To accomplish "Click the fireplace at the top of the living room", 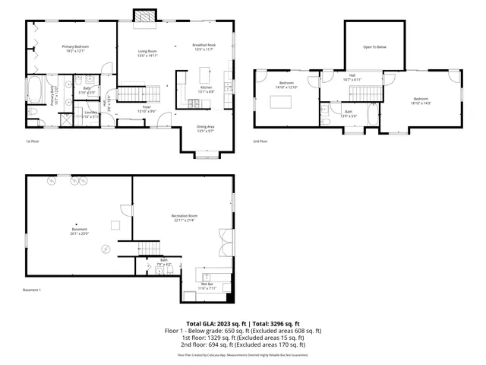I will (x=142, y=16).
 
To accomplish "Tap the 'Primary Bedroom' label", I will (x=75, y=47).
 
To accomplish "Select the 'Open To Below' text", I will (x=374, y=47).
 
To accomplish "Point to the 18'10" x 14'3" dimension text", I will (x=421, y=103).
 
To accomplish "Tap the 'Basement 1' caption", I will (x=32, y=290).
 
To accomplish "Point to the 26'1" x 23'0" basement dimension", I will (x=80, y=233).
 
